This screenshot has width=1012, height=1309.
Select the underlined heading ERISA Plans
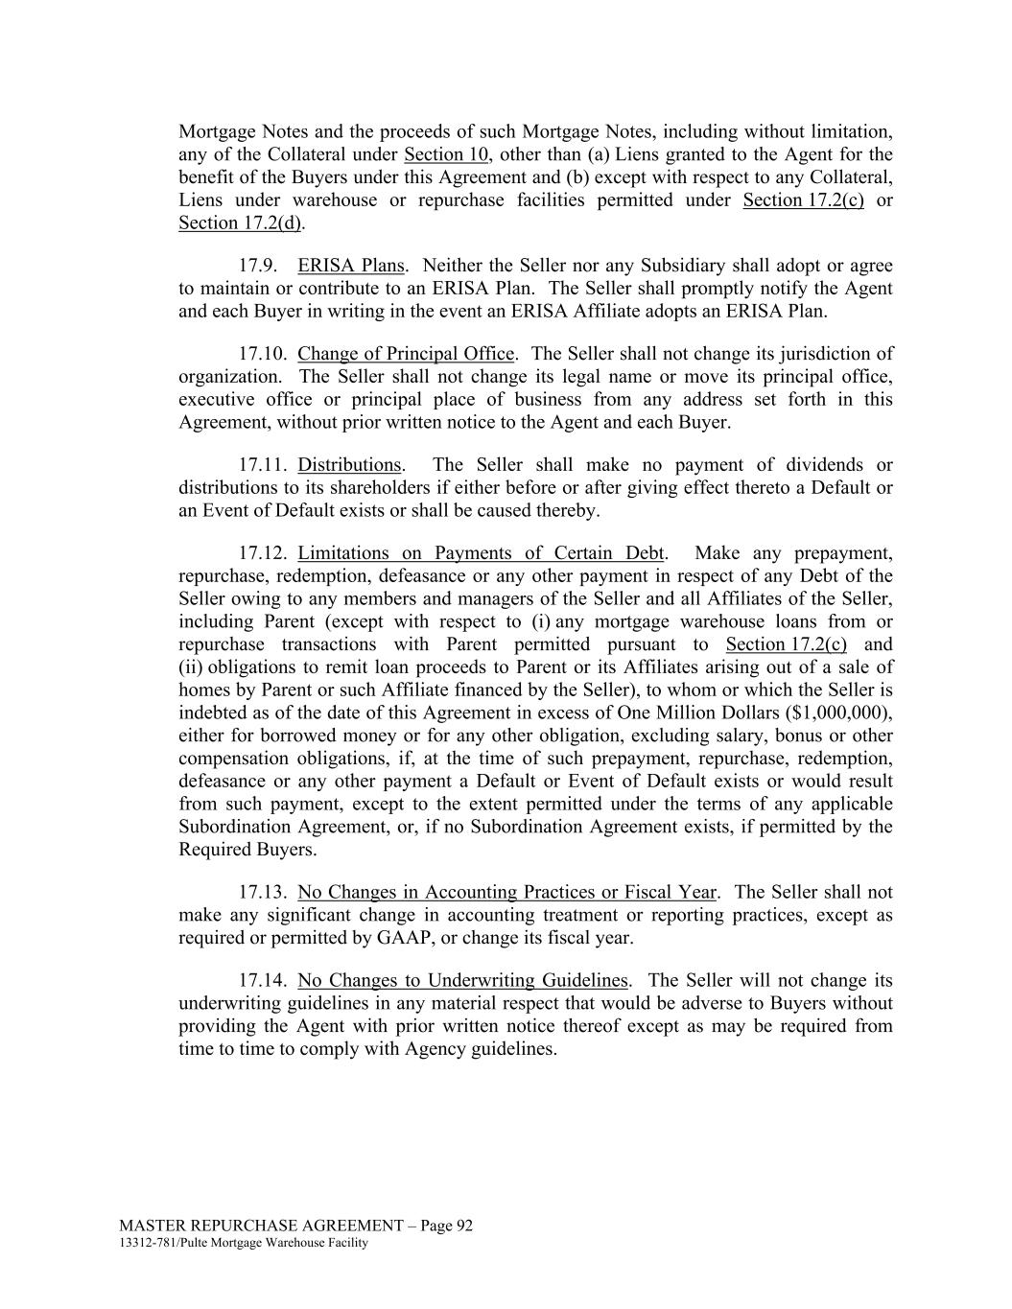351,266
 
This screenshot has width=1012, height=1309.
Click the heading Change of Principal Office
406,354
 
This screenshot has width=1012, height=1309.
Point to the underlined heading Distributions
349,465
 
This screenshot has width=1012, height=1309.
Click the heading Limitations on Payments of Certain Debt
481,553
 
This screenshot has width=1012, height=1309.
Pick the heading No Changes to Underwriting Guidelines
462,981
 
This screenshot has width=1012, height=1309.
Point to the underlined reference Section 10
446,155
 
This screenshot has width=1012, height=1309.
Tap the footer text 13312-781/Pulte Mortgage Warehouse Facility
244,1244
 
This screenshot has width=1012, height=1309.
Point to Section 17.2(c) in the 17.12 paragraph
786,644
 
